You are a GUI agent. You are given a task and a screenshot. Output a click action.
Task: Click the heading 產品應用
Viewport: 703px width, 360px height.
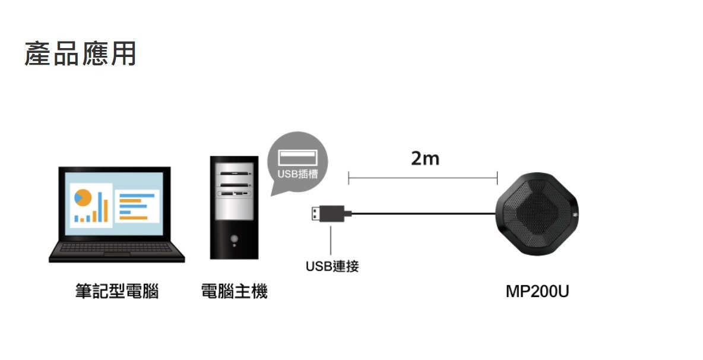(x=80, y=53)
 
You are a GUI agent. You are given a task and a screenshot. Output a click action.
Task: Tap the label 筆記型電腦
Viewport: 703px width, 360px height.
(x=116, y=292)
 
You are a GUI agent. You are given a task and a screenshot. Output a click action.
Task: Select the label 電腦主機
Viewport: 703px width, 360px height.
(x=234, y=292)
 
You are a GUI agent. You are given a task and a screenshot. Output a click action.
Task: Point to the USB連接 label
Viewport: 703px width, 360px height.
(x=332, y=266)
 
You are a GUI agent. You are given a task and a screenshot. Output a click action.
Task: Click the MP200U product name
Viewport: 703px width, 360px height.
(x=537, y=292)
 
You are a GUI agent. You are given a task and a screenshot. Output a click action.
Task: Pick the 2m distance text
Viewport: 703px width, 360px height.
(x=425, y=159)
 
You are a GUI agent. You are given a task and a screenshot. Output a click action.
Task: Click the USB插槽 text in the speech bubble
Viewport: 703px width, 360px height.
(x=297, y=175)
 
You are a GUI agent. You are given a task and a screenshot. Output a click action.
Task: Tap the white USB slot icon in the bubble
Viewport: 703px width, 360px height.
(x=297, y=158)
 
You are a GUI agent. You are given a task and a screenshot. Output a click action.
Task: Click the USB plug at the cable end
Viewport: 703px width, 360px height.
(x=327, y=213)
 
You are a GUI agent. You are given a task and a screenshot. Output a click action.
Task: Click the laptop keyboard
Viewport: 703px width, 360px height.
(x=116, y=248)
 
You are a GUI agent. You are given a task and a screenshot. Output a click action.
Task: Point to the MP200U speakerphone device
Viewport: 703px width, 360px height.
(x=536, y=214)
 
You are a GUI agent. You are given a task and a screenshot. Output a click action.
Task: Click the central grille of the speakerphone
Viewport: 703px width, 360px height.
(x=536, y=214)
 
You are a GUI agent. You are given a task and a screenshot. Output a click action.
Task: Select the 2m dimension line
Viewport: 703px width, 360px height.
(x=422, y=176)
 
